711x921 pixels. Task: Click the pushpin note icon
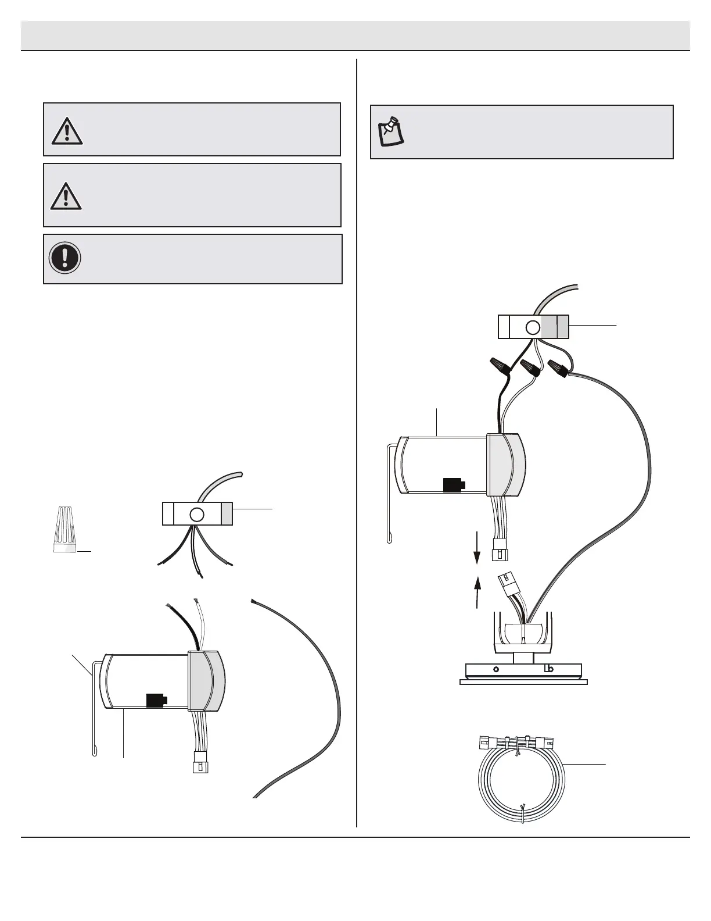(391, 131)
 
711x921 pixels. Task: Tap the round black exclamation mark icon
(64, 258)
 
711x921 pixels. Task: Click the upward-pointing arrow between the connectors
(478, 592)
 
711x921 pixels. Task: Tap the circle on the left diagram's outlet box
(197, 514)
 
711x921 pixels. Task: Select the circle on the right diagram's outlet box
(533, 327)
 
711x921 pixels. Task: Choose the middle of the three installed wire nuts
(530, 368)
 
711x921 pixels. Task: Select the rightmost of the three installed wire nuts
(559, 367)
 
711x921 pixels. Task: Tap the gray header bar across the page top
(355, 35)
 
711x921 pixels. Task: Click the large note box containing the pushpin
(522, 132)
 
